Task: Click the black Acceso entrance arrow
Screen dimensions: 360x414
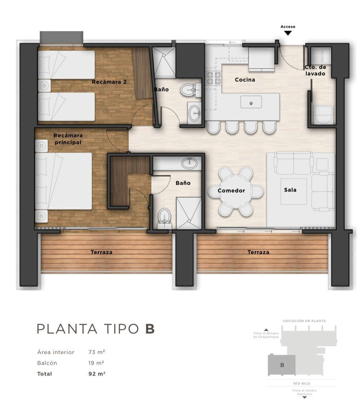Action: point(288,33)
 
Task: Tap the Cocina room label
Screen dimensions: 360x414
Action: point(245,80)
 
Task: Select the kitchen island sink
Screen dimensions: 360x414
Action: point(251,102)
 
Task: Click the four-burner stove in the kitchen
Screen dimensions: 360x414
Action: point(214,78)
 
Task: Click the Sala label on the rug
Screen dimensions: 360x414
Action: point(290,190)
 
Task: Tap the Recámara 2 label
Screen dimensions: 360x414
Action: point(109,82)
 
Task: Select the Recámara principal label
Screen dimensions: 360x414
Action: point(68,139)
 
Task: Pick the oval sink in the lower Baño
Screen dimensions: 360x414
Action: point(189,163)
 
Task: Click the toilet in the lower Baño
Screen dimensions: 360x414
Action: point(164,218)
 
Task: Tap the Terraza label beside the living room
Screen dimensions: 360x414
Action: point(258,252)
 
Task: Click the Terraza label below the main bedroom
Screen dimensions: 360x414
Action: point(102,252)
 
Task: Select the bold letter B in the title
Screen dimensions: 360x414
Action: point(150,329)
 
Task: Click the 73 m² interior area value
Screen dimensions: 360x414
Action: point(97,352)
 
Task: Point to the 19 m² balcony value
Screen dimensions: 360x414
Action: point(96,363)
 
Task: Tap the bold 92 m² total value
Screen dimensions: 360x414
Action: point(97,374)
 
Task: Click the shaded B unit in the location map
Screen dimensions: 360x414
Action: point(282,365)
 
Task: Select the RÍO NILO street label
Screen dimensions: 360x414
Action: point(302,383)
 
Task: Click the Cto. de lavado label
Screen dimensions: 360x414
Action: point(315,71)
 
